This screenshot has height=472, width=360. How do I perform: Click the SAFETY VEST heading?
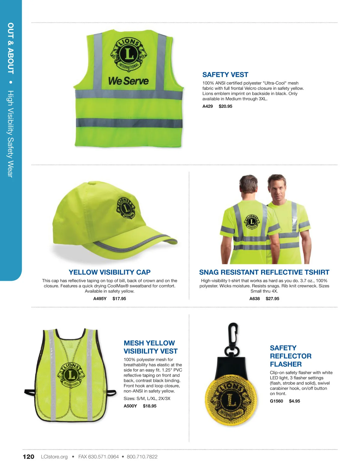coord(225,75)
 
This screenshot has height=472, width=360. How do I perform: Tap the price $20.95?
coord(225,106)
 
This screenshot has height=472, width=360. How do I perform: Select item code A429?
coord(208,106)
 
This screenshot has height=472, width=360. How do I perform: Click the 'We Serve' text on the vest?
coord(128,81)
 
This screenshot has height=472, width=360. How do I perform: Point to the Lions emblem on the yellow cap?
coord(126,208)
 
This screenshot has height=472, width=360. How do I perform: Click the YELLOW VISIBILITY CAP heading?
coord(109,272)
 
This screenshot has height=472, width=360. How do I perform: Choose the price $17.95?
coord(119,299)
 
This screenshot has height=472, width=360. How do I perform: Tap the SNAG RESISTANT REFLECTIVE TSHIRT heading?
coord(264,272)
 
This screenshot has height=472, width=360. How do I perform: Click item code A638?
coord(254,299)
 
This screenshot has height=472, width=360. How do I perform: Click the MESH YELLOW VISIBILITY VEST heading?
coord(151,347)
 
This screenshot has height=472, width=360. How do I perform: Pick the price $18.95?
coord(149,406)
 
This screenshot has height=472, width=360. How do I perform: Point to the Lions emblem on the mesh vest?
coord(71,375)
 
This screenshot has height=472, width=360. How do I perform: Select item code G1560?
coord(276,401)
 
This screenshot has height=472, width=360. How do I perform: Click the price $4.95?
coord(294,401)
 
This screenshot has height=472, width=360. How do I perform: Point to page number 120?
coord(28,457)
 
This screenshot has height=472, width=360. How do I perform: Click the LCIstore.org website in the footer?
coord(54,457)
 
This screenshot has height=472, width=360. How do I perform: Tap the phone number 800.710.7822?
coord(142,457)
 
